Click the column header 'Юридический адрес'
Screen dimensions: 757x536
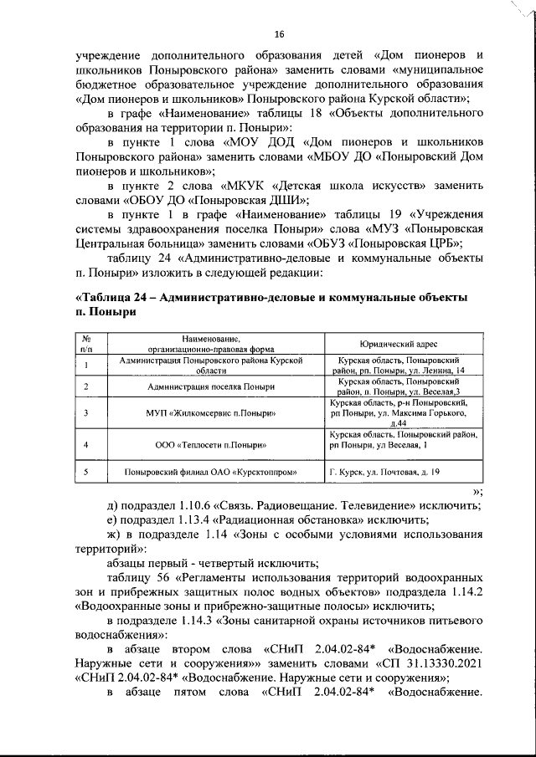pos(404,345)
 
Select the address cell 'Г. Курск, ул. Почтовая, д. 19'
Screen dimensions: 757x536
pos(385,473)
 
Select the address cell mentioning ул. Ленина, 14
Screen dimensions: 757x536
pos(404,365)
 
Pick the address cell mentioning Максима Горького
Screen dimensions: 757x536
pos(404,414)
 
